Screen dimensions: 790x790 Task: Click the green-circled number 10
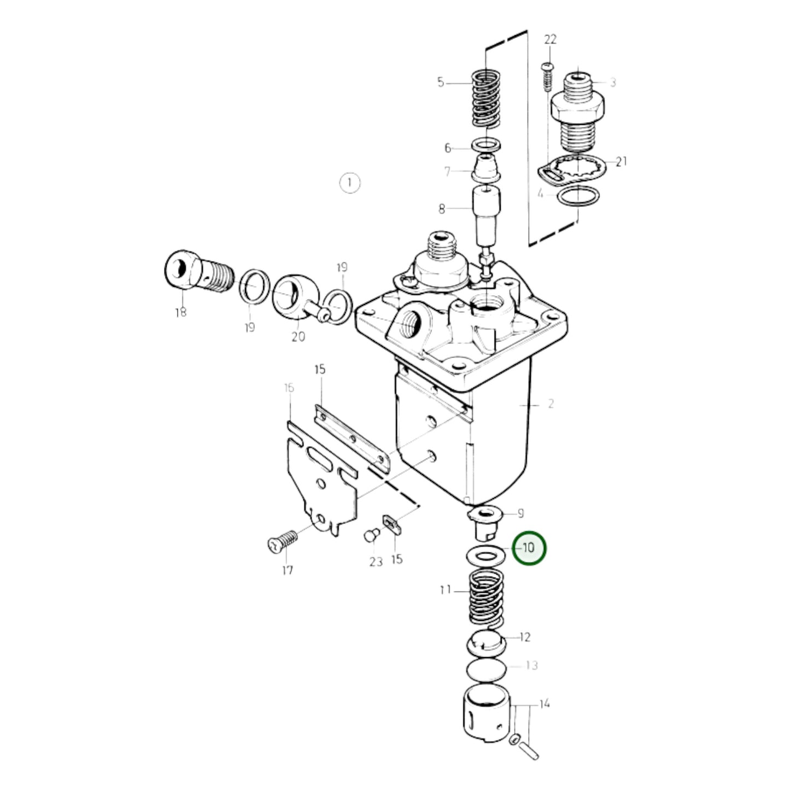[x=529, y=548]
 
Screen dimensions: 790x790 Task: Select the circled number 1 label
[x=350, y=182]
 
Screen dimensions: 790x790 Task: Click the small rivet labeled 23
[x=371, y=534]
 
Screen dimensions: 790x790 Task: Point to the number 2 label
[x=551, y=404]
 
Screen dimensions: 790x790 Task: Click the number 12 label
[x=525, y=637]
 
